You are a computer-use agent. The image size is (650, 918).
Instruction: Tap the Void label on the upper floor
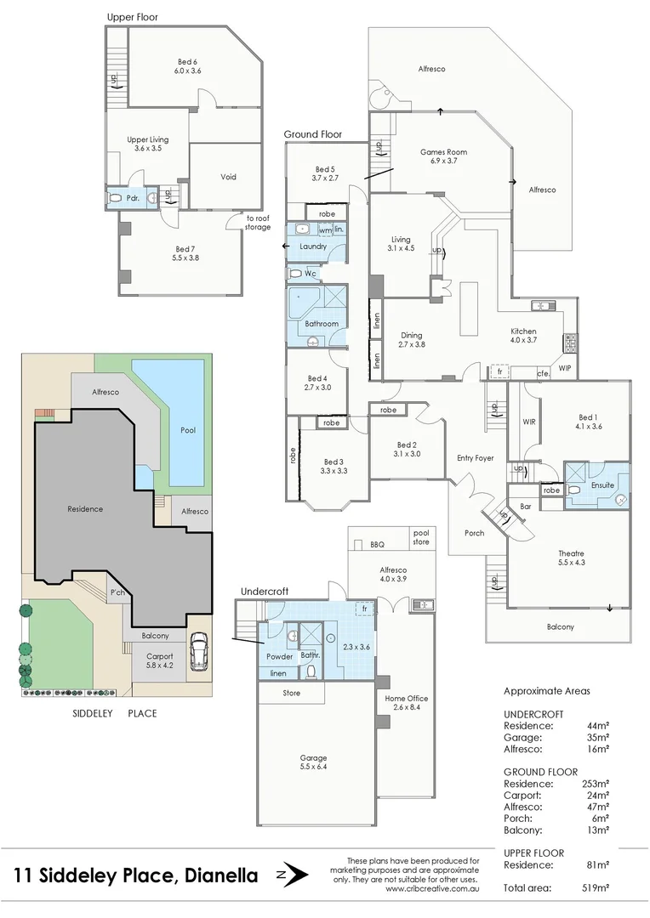(x=228, y=177)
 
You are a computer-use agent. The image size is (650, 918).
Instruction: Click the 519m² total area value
(x=595, y=888)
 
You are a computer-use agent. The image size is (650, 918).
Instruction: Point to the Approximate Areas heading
(x=546, y=691)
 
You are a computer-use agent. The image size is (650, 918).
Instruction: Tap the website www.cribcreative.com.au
(x=432, y=889)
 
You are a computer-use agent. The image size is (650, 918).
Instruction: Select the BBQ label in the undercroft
(x=378, y=544)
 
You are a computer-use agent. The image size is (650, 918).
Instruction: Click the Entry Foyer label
(x=475, y=458)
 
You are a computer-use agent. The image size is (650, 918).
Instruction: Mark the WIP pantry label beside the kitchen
(x=565, y=368)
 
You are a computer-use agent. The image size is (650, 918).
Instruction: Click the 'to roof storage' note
(x=258, y=222)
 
